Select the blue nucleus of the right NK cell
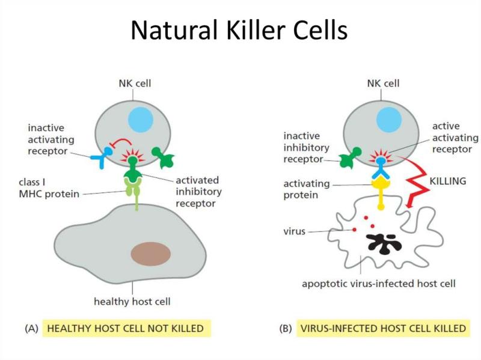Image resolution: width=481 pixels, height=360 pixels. pos(389,120)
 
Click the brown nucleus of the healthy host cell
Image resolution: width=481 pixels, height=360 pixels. pos(151,254)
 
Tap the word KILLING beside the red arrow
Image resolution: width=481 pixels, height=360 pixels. pos(447,182)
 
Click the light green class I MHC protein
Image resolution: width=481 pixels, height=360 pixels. pos(133,192)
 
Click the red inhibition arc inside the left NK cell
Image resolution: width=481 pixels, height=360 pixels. pos(121,141)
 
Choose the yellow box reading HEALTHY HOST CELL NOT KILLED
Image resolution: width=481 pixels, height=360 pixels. pos(126,328)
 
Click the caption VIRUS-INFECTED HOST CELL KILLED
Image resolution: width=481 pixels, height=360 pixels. pos(383,328)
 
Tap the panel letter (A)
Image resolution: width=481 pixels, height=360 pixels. pos(32,328)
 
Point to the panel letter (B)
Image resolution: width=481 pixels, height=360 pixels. pos(286,328)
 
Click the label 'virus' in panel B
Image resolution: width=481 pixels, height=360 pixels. pos(294,231)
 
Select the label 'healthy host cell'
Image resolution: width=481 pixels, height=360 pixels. pos(132,302)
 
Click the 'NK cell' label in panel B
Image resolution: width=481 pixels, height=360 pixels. pos(383,83)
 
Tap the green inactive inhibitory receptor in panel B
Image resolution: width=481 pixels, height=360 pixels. pos(349,157)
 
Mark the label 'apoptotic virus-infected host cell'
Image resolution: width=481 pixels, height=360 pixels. pos(379,284)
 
